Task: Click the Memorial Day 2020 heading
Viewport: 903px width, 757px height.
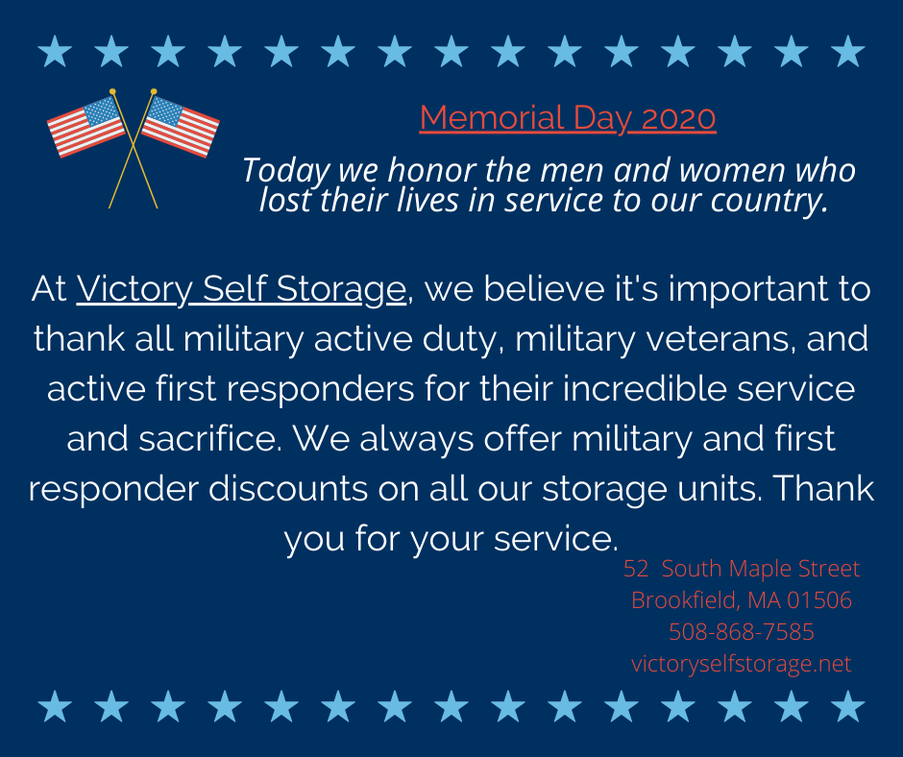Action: [x=567, y=118]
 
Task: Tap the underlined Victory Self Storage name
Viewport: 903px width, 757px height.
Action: [x=241, y=289]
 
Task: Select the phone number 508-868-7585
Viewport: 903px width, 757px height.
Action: [x=742, y=632]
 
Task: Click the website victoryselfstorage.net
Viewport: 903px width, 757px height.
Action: [x=742, y=664]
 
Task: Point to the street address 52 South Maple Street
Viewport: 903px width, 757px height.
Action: [x=742, y=569]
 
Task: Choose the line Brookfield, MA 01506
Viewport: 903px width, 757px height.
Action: [x=742, y=600]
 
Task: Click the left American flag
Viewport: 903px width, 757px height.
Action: [x=86, y=127]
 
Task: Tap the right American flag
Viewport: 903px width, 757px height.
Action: [x=181, y=127]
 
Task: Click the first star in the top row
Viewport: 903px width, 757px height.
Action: [x=55, y=51]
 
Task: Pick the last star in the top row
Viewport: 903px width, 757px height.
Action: [x=847, y=51]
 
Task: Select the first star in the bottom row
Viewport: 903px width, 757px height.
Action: [x=55, y=706]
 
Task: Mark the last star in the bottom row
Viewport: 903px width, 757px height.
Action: [x=847, y=706]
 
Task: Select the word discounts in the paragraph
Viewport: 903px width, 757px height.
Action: [x=288, y=489]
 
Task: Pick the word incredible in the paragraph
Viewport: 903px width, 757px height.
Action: [x=645, y=389]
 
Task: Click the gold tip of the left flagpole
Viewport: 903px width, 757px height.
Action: [x=113, y=91]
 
